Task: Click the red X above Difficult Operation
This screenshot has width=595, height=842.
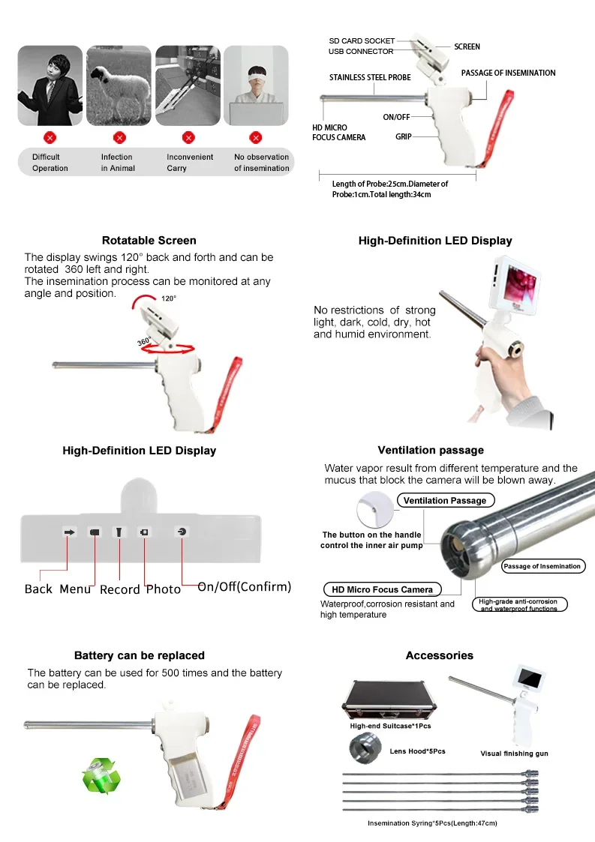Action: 50,137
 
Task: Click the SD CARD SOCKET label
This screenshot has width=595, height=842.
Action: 362,40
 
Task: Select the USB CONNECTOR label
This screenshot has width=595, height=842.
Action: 360,52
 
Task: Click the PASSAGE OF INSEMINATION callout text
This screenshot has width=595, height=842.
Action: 508,73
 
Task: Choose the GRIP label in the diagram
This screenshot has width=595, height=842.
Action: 403,137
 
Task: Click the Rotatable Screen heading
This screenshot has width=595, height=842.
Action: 149,241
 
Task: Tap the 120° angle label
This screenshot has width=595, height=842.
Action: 169,298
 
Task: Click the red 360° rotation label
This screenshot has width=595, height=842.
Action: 145,341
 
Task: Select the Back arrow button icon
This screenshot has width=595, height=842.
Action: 70,532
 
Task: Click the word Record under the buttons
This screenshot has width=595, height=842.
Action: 120,589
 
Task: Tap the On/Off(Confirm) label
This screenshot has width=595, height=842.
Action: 244,586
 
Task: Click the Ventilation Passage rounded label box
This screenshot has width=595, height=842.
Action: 445,500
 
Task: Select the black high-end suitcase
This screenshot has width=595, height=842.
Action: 389,697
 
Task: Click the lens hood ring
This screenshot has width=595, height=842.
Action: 363,748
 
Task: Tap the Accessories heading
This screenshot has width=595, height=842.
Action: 439,655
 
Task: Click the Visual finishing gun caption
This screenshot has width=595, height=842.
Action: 514,754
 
